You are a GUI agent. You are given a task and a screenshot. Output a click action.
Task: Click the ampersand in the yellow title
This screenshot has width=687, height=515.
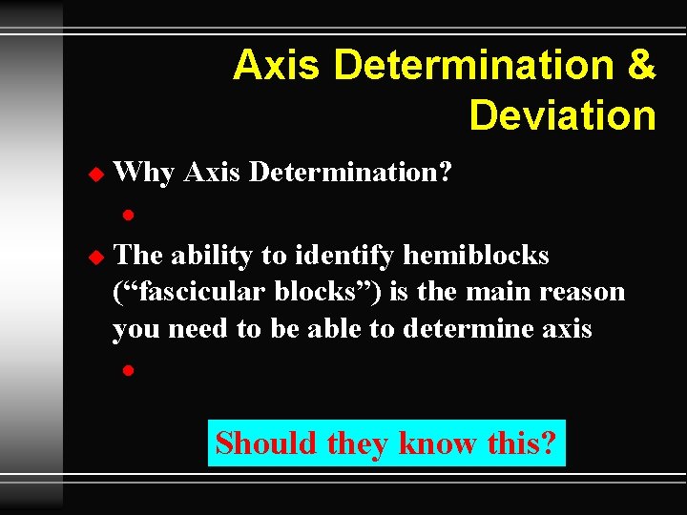(641, 66)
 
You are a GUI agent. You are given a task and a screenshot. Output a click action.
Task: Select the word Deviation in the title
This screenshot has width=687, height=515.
(562, 115)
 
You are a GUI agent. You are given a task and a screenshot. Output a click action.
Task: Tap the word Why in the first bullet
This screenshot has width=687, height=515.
(143, 174)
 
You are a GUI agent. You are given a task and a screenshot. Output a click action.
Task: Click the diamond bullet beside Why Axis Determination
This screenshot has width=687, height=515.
(94, 175)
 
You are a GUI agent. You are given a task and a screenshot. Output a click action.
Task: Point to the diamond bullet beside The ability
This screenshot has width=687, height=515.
(94, 257)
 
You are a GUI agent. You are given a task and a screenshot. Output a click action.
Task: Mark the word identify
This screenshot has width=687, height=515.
(347, 256)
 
